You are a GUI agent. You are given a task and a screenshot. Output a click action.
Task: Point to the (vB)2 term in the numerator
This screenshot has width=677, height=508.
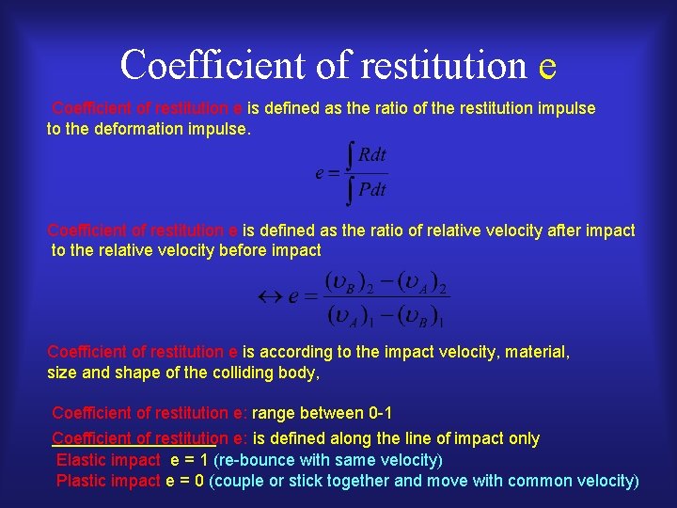tap(349, 280)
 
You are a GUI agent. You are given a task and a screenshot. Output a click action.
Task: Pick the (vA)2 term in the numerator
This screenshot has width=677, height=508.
tap(419, 280)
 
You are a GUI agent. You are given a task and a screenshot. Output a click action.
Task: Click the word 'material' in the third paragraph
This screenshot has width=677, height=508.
tap(537, 352)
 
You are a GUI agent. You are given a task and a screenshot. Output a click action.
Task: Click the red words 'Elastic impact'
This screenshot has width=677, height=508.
tap(108, 460)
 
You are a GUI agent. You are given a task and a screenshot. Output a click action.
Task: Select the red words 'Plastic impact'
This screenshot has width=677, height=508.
tap(108, 481)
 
